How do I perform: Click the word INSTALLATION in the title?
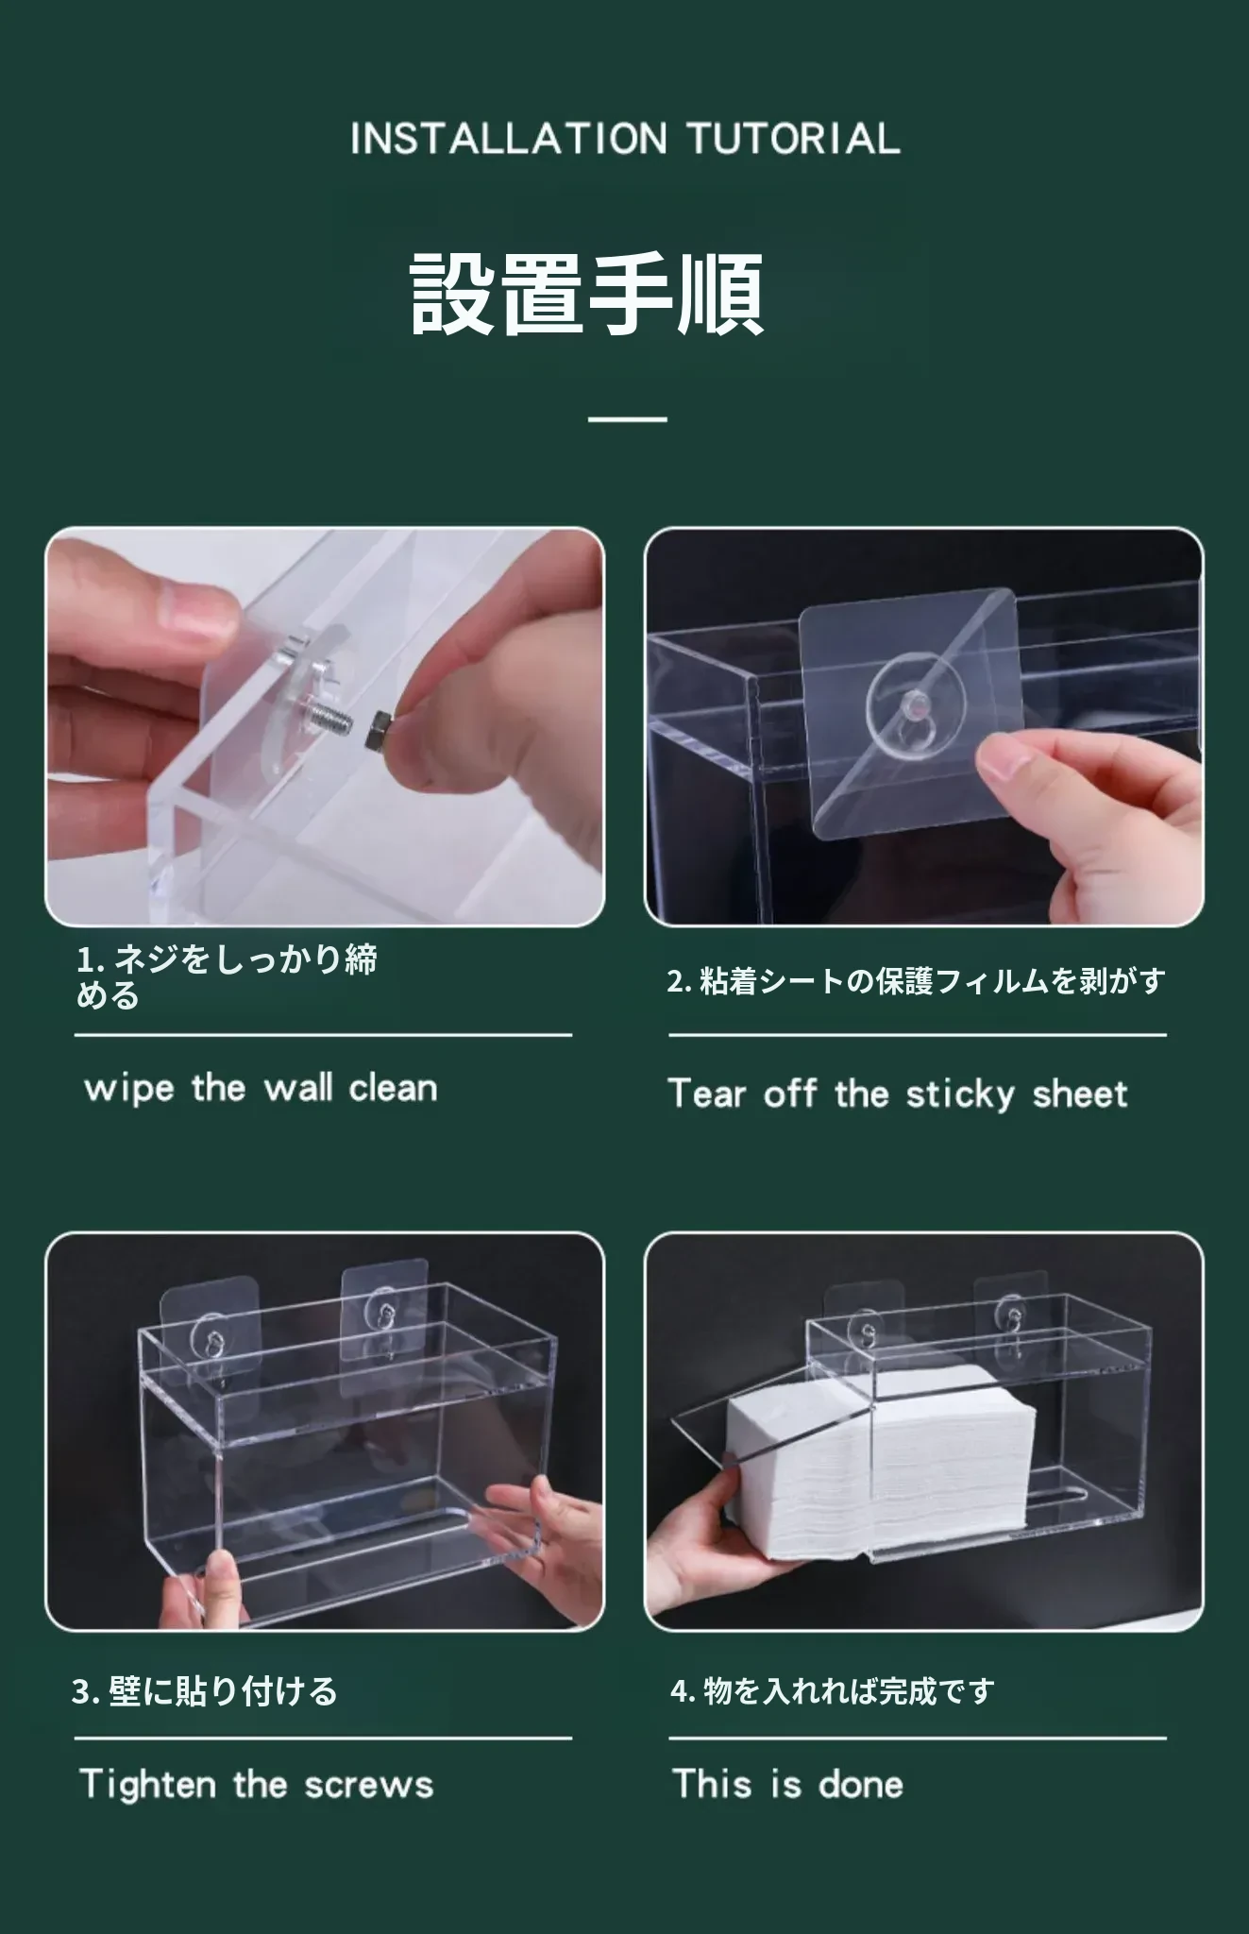click(x=508, y=139)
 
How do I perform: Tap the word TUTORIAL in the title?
click(x=793, y=139)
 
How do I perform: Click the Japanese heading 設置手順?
click(x=587, y=294)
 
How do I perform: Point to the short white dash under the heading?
click(x=627, y=418)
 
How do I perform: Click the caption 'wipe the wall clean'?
click(x=261, y=1088)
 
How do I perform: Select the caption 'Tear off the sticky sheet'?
click(x=898, y=1094)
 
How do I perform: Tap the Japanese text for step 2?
click(x=916, y=981)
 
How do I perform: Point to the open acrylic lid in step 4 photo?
click(x=774, y=1435)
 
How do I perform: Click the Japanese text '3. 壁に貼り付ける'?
click(x=204, y=1690)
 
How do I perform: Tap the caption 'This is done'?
click(x=787, y=1784)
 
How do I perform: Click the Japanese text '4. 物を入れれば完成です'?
click(x=833, y=1690)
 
